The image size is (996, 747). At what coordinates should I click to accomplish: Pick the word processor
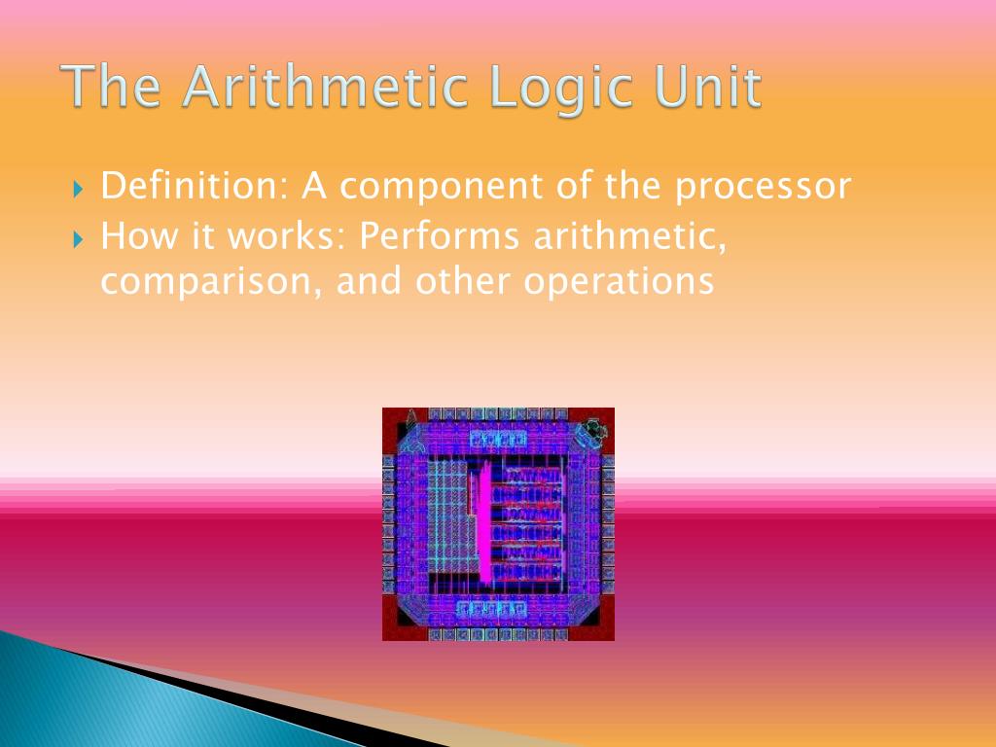point(764,187)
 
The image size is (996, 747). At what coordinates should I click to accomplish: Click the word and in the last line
point(373,281)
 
